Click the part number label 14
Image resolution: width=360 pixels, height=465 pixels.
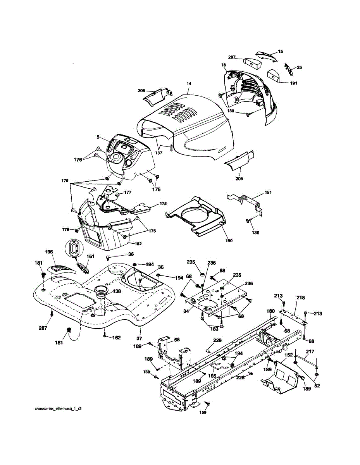[x=189, y=83]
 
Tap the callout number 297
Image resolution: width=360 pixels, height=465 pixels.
[x=232, y=57]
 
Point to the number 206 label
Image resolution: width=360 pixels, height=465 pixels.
[x=141, y=91]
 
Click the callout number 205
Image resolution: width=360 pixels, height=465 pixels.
[x=239, y=179]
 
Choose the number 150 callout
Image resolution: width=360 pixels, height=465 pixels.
[x=229, y=241]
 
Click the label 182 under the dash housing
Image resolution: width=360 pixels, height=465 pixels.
[x=138, y=244]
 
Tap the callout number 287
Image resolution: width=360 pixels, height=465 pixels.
[x=43, y=328]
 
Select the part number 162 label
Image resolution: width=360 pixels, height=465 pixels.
[x=116, y=338]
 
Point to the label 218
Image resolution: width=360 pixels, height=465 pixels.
[x=301, y=298]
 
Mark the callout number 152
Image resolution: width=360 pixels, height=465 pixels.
[x=289, y=355]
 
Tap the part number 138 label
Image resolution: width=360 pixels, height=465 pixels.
[x=116, y=291]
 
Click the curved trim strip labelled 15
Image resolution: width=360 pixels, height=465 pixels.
[x=267, y=55]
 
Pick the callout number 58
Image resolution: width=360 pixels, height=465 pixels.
[x=177, y=339]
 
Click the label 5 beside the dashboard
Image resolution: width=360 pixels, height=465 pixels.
[x=98, y=136]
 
